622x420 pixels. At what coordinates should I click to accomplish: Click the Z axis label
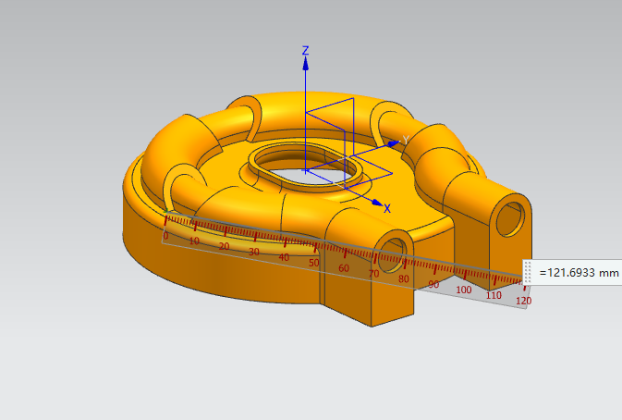tap(305, 50)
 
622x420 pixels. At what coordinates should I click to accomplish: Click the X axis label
tap(387, 209)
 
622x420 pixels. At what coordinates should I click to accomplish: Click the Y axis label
tap(406, 140)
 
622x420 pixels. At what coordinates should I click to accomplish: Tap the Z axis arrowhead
tap(305, 64)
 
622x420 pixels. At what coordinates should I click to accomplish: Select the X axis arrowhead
tap(378, 203)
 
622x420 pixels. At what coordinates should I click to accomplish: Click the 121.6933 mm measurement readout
tap(579, 273)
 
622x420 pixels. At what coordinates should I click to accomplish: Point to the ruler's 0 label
tap(165, 236)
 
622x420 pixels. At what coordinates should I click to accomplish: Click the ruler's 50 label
tap(314, 263)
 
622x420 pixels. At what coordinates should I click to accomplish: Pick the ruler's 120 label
tap(524, 301)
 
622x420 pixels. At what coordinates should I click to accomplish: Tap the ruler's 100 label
tap(463, 290)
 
